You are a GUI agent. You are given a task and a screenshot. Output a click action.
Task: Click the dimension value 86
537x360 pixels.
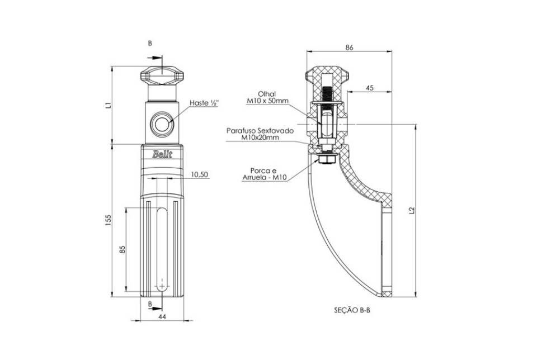349,48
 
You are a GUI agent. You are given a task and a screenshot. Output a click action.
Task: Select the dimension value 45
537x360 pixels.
370,88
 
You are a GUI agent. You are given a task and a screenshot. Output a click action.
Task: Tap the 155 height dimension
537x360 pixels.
108,220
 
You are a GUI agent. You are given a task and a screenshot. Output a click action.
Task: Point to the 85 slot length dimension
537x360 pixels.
123,249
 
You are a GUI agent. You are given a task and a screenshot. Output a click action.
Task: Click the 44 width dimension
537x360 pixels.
162,317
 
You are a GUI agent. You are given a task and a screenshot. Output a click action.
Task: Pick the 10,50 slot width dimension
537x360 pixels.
199,174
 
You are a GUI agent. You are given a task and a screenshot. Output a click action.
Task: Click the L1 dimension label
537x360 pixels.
108,105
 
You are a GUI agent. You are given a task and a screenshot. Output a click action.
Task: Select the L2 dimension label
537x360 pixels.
412,210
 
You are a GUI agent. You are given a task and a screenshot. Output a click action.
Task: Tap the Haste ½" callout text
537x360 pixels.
204,103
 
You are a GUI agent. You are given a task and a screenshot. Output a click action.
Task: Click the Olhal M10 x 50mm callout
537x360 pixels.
267,97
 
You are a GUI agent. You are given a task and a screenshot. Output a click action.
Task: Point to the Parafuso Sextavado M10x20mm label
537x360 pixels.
260,134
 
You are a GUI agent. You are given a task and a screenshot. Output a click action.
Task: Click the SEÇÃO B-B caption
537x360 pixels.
352,310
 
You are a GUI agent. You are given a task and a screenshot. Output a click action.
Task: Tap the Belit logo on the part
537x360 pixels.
162,154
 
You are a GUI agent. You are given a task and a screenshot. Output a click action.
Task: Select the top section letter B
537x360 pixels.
150,44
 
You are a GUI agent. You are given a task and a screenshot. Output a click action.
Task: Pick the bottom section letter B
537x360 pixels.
150,304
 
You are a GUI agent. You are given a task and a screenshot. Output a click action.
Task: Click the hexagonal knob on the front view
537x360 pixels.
162,75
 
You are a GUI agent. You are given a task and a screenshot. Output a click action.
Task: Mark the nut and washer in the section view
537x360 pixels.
326,159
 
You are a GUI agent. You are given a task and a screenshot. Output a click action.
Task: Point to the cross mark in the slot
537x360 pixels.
162,285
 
